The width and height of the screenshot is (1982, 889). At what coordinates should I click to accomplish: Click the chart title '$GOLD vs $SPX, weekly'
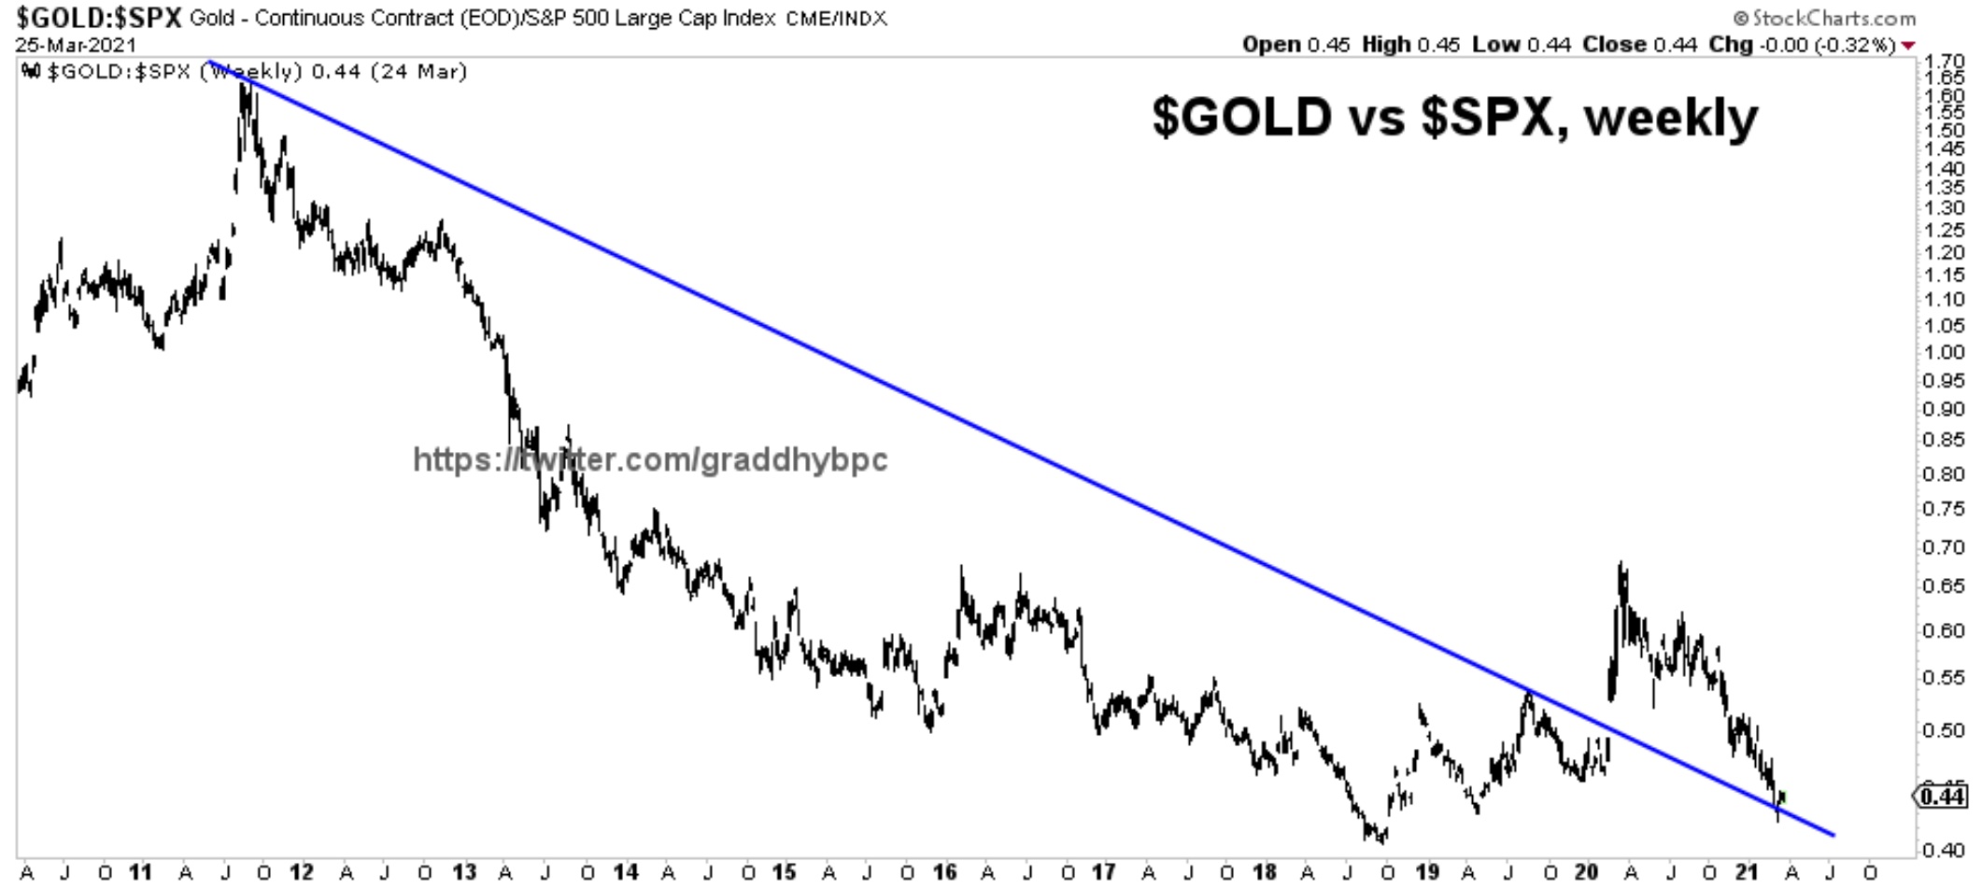pyautogui.click(x=1454, y=119)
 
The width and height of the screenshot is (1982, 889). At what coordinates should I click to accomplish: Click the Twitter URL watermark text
pyautogui.click(x=650, y=459)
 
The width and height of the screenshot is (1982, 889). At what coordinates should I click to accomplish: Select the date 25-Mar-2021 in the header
pyautogui.click(x=75, y=45)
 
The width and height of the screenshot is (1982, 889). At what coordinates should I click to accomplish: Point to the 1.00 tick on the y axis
pyautogui.click(x=1945, y=352)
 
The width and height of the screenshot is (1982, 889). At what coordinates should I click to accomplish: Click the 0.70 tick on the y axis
pyautogui.click(x=1945, y=547)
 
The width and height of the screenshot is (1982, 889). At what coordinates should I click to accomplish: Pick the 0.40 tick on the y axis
pyautogui.click(x=1945, y=850)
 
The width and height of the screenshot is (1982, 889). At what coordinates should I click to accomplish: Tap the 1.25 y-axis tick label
pyautogui.click(x=1945, y=230)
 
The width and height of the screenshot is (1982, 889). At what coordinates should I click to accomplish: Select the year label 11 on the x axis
pyautogui.click(x=140, y=872)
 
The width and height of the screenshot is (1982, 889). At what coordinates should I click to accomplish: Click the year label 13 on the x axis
pyautogui.click(x=464, y=872)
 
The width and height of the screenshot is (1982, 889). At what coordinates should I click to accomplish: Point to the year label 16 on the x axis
pyautogui.click(x=944, y=872)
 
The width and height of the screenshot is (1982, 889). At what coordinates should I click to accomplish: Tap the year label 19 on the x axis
pyautogui.click(x=1426, y=872)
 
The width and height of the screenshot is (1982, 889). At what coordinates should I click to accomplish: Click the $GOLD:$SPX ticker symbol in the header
pyautogui.click(x=98, y=19)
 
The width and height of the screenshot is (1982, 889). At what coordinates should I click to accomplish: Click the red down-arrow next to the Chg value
pyautogui.click(x=1908, y=46)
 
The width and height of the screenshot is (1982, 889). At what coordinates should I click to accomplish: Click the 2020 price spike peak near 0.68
pyautogui.click(x=1622, y=565)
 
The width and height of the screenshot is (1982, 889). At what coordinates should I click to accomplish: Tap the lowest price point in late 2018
pyautogui.click(x=1381, y=840)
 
